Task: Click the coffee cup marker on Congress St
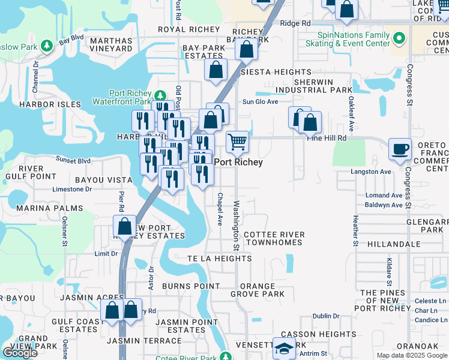400,149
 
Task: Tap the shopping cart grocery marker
238,142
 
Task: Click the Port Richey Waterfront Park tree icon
160,96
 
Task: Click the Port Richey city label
238,162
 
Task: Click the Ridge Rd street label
295,23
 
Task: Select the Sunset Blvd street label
73,161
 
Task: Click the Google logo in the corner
20,353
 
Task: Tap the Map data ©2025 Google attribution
412,355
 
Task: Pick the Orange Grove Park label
262,290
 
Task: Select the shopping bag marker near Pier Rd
124,227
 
